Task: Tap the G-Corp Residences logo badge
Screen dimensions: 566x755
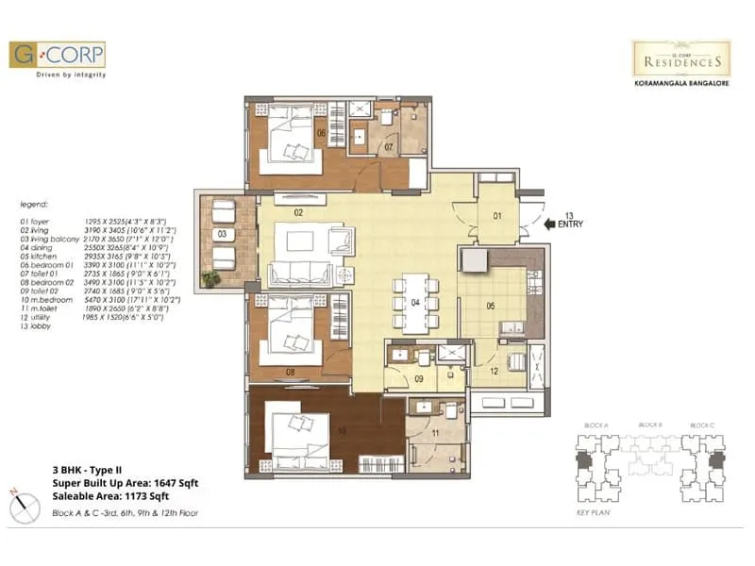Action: point(680,58)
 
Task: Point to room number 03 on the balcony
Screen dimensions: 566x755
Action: point(222,233)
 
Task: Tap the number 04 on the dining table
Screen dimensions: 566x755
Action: point(414,303)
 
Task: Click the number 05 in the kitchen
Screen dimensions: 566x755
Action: point(491,305)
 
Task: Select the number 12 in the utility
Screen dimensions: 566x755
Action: point(493,371)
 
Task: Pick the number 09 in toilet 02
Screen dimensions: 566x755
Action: point(419,379)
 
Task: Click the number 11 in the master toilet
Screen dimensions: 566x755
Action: point(435,433)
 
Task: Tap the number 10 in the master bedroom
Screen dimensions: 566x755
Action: point(343,431)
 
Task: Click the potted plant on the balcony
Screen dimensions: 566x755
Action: point(209,279)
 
